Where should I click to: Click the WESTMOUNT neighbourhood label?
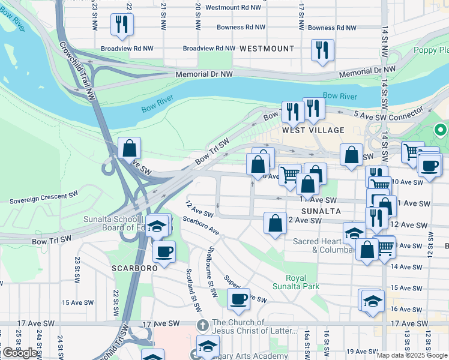click(x=267, y=48)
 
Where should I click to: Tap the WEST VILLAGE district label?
click(x=313, y=130)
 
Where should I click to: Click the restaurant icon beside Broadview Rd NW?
click(x=122, y=25)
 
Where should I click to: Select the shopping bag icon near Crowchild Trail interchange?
click(x=129, y=148)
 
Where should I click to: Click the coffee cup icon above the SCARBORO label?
click(x=163, y=251)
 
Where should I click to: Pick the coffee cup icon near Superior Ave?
click(x=238, y=299)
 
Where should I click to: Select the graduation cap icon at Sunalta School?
click(x=157, y=226)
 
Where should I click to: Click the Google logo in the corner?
click(x=20, y=353)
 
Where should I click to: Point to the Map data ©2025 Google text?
click(x=412, y=355)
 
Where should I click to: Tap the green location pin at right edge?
click(x=440, y=129)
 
